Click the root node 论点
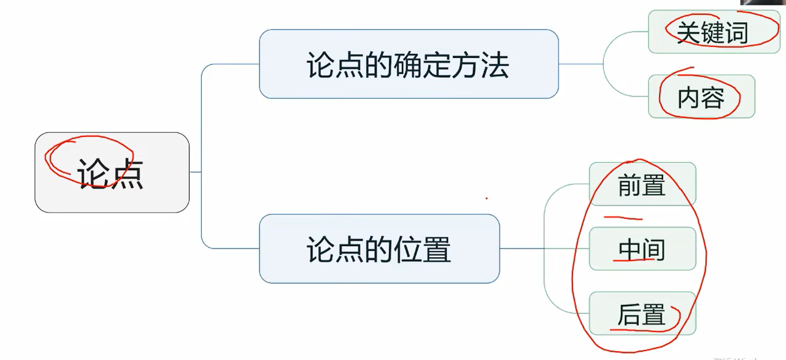[112, 173]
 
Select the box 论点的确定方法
[409, 64]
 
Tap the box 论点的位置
[379, 249]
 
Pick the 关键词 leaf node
[714, 32]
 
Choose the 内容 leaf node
[701, 96]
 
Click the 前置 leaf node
[642, 184]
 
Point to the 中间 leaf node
[642, 249]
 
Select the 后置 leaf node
[642, 314]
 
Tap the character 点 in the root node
[127, 174]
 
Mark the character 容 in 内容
[713, 97]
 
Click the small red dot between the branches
[486, 198]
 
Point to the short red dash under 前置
[623, 218]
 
